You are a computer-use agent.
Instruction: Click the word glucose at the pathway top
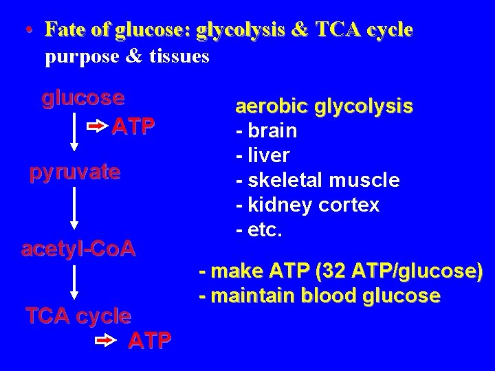pyautogui.click(x=83, y=98)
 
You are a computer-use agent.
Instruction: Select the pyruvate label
pyautogui.click(x=74, y=172)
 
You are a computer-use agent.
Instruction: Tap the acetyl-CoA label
pyautogui.click(x=78, y=249)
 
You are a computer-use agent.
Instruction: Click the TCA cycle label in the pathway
pyautogui.click(x=78, y=316)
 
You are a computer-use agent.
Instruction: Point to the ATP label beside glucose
pyautogui.click(x=133, y=126)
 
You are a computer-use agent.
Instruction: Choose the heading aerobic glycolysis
pyautogui.click(x=324, y=106)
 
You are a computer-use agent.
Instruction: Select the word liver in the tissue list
pyautogui.click(x=269, y=155)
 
